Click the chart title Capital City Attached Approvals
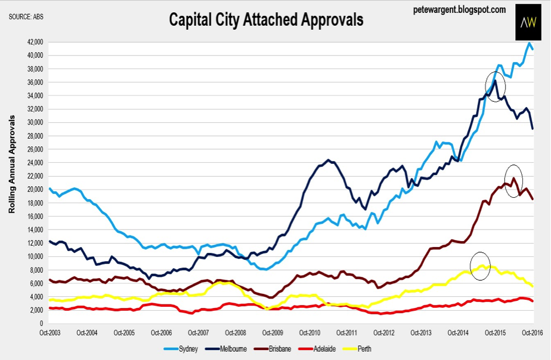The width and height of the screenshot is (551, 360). [266, 20]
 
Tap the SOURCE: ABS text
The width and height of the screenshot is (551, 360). [26, 16]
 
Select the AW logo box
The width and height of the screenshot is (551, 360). [529, 22]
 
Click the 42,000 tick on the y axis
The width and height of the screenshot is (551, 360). [35, 42]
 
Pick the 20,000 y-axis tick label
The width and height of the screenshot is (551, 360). [35, 190]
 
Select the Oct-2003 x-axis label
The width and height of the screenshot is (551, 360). [50, 333]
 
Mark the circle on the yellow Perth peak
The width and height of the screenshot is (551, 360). [480, 266]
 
